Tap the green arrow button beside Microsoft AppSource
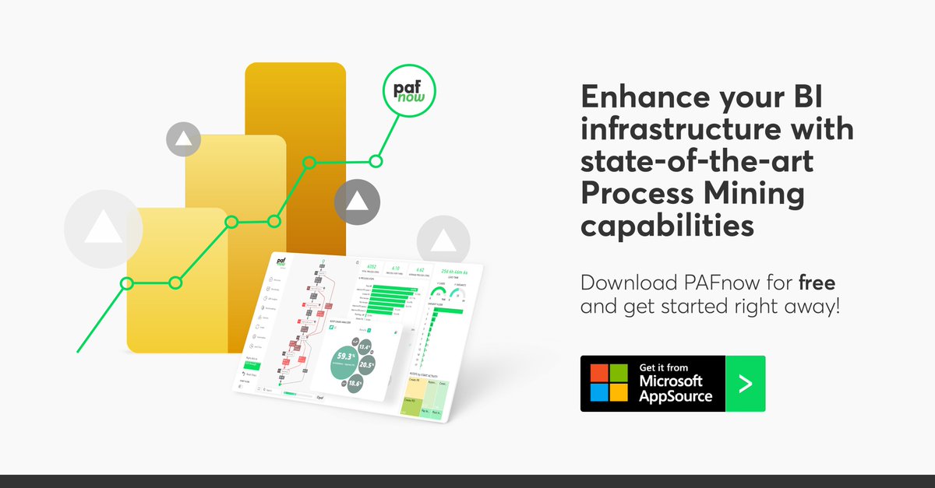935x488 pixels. tap(745, 384)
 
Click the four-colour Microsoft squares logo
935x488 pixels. tap(609, 383)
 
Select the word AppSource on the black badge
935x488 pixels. tap(676, 395)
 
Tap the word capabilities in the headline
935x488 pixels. tap(668, 226)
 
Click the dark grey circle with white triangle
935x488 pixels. tap(357, 202)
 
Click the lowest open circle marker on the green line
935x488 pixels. tap(127, 283)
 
